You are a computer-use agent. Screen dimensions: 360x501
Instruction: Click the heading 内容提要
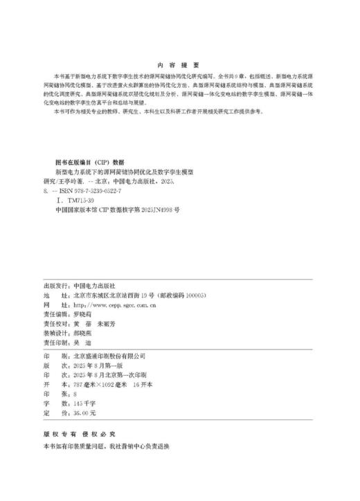point(179,62)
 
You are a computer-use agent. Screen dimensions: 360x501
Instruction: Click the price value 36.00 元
point(84,412)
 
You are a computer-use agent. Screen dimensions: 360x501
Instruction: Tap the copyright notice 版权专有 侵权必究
point(76,435)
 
